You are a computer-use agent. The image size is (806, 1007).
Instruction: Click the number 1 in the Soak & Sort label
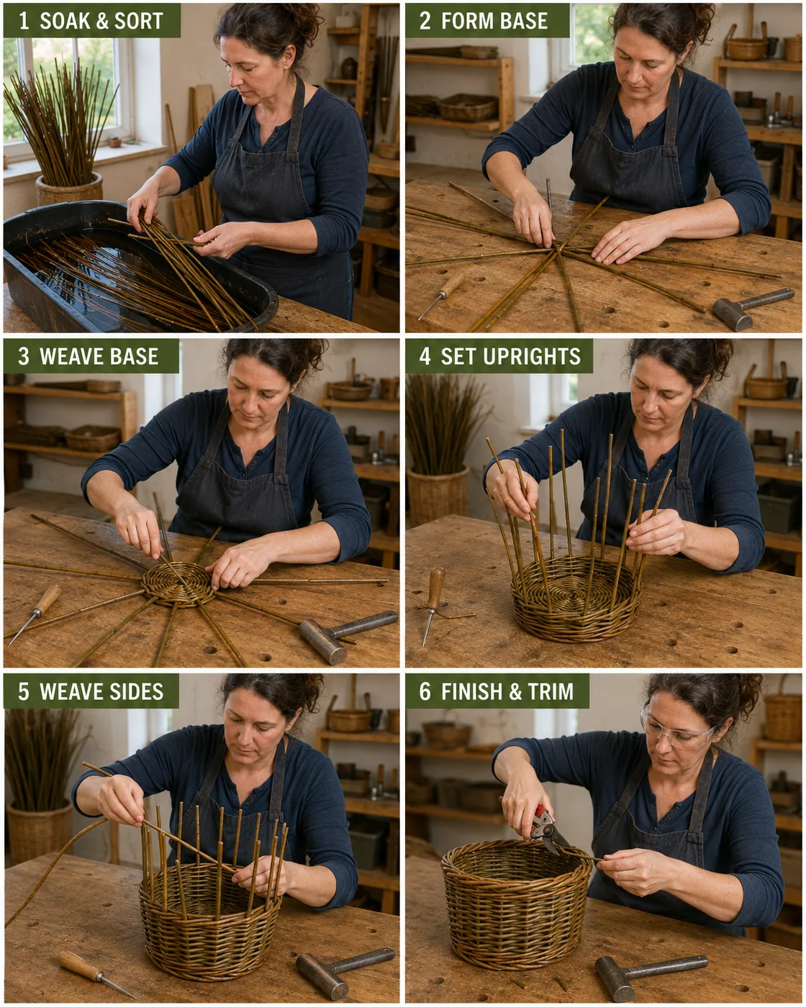tap(24, 21)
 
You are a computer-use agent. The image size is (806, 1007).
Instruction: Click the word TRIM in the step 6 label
tap(551, 691)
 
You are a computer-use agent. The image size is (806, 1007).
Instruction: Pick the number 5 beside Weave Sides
tap(24, 691)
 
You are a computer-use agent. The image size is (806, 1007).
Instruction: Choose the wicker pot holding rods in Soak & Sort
tap(69, 188)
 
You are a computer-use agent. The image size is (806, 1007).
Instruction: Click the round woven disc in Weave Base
tap(178, 584)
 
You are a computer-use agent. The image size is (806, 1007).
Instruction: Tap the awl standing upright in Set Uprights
tap(434, 603)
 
